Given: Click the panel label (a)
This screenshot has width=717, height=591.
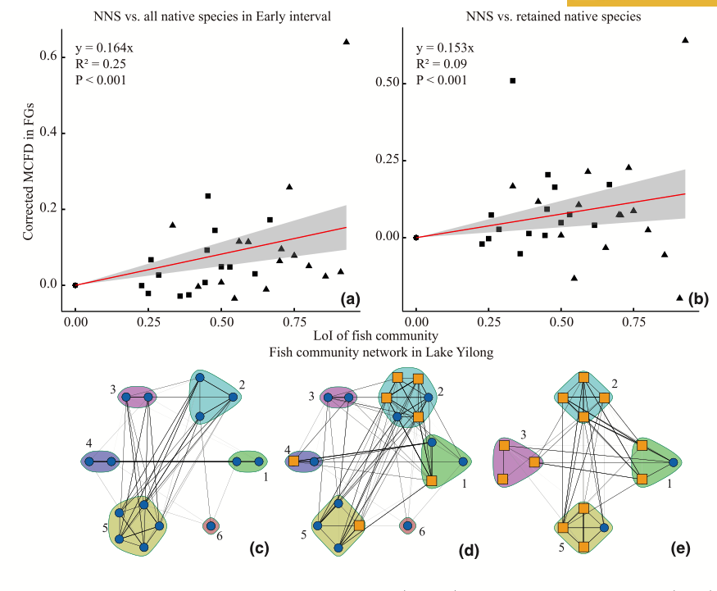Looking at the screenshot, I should click(350, 300).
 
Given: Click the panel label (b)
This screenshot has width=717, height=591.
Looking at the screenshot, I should click(697, 300).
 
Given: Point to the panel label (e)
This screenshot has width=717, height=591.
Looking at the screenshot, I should click(679, 550).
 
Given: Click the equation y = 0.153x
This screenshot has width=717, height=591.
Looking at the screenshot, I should click(445, 48).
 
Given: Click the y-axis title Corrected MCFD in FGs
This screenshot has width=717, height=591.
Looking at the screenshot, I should click(28, 171).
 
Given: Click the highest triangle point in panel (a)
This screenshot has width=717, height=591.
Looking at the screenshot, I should click(346, 41).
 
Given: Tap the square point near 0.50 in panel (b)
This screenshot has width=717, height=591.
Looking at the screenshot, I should click(512, 80).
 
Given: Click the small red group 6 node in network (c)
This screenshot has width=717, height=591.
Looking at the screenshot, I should click(211, 525).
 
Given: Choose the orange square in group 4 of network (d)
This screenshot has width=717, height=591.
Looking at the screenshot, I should click(294, 462).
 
